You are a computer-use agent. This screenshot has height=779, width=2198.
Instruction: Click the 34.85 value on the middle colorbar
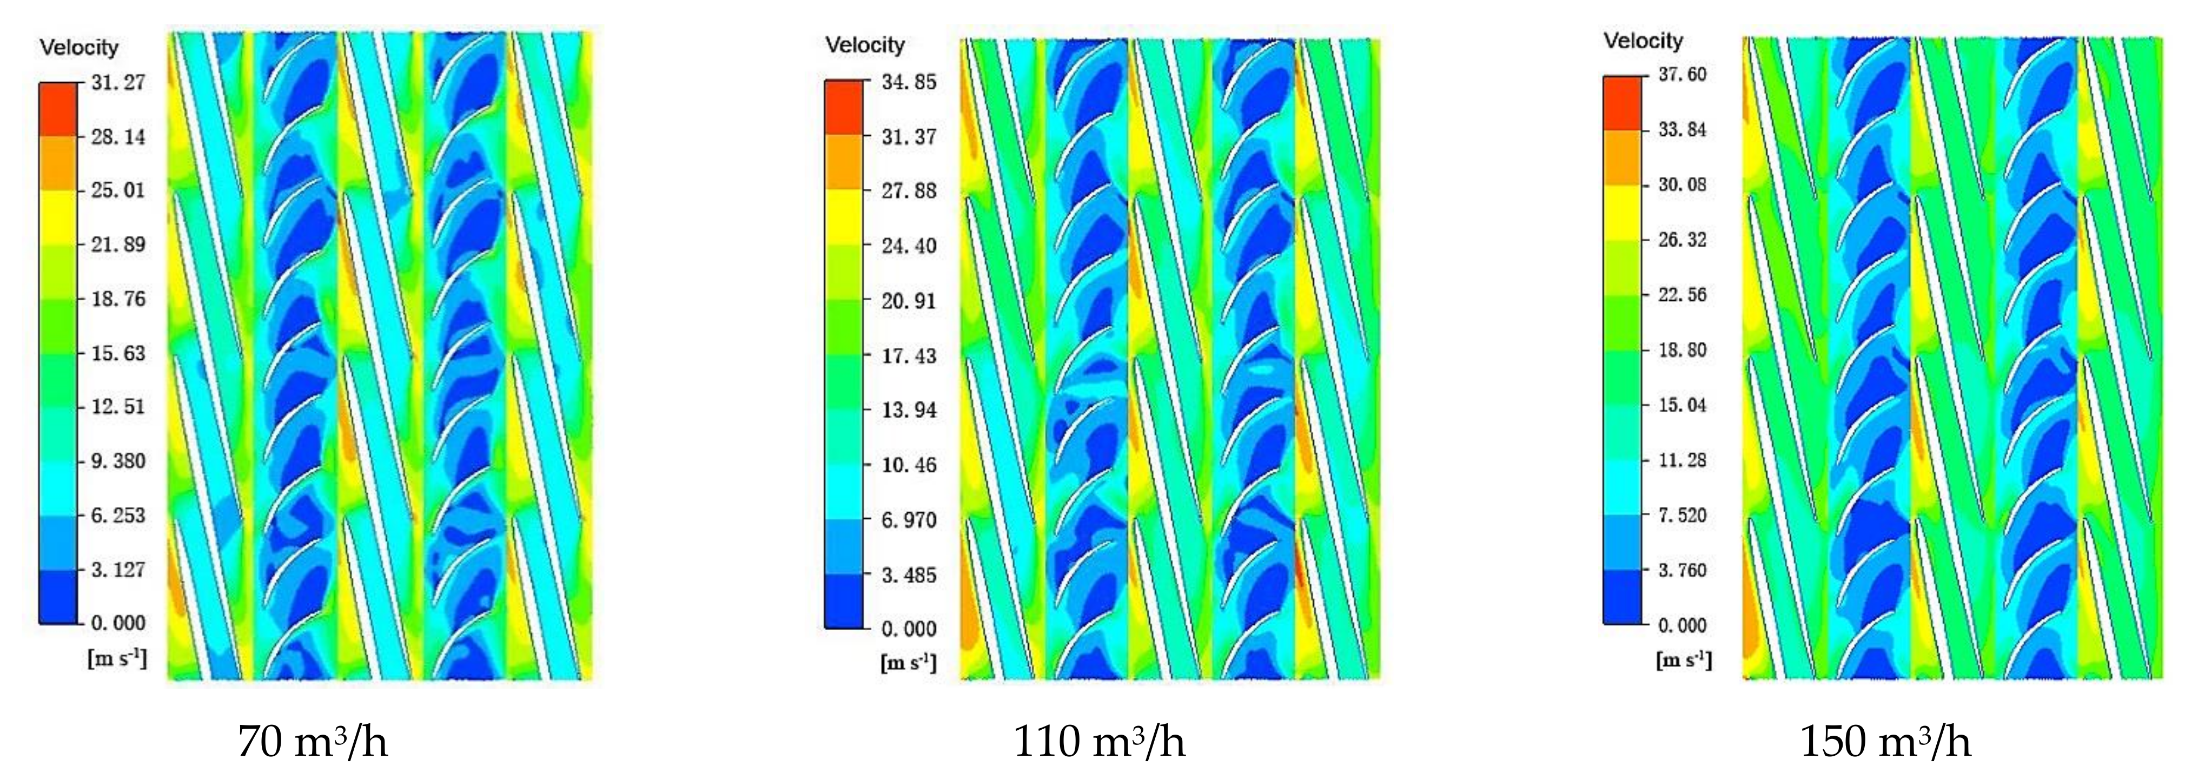coord(908,82)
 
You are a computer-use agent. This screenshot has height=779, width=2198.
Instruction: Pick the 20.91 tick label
coord(908,300)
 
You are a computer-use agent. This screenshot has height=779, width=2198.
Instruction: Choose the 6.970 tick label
coord(908,520)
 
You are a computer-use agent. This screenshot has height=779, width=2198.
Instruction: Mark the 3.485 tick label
coord(908,575)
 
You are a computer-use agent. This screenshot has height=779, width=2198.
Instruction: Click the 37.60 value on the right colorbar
coord(1682,74)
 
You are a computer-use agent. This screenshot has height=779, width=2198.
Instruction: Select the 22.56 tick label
coord(1682,294)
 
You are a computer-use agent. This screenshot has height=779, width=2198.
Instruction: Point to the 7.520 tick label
coord(1682,514)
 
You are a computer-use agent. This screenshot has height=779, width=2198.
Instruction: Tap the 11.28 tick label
coord(1682,460)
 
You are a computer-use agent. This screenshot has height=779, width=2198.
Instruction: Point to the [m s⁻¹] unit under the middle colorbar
coord(908,662)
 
